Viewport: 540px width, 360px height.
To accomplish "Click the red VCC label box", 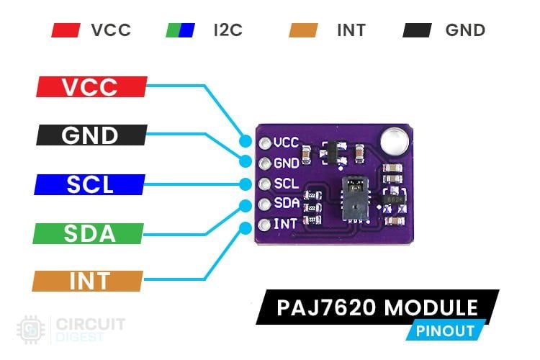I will (91, 87).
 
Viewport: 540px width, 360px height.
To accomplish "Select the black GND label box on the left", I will (91, 135).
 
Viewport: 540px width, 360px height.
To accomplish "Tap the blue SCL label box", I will (91, 184).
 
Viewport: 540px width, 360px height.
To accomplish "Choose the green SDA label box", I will (89, 233).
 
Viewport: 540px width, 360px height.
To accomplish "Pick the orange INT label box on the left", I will (89, 282).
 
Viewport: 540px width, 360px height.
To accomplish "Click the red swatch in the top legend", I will (66, 30).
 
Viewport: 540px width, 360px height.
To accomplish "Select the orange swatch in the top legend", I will (302, 30).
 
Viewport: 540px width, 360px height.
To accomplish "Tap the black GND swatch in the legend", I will (418, 30).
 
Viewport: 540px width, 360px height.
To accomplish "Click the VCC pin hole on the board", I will (264, 142).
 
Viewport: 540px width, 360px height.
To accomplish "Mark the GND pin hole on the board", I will (264, 163).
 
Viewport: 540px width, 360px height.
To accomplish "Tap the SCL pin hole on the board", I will (264, 184).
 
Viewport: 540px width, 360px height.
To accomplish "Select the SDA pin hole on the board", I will (264, 204).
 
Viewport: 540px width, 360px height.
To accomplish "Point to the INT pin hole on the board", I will (264, 225).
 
